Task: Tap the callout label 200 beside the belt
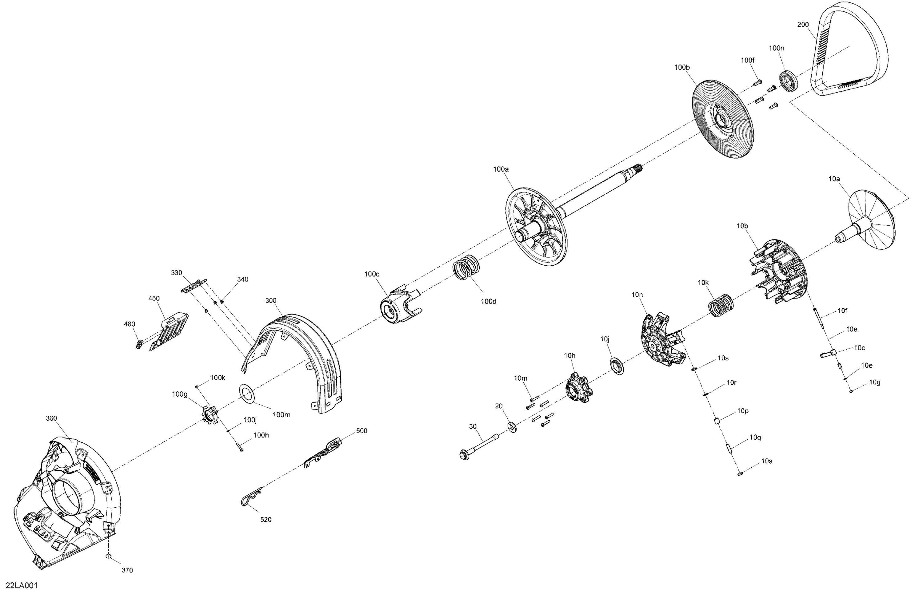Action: pos(803,24)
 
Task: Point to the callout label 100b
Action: pos(682,67)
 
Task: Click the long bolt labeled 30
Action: pos(479,447)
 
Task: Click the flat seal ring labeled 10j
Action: pos(617,366)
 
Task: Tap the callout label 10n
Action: pos(637,295)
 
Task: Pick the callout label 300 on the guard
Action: pos(271,301)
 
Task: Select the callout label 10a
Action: pos(834,179)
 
